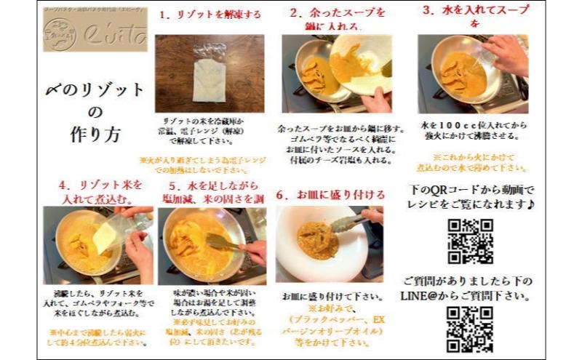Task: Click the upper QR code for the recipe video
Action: click(x=470, y=241)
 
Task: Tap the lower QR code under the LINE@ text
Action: click(x=470, y=328)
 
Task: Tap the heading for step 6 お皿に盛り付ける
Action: click(x=331, y=194)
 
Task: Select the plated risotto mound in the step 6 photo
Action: click(x=319, y=241)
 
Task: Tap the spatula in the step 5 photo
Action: click(x=222, y=241)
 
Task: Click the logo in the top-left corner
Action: click(x=95, y=31)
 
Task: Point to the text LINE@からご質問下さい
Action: click(x=466, y=296)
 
